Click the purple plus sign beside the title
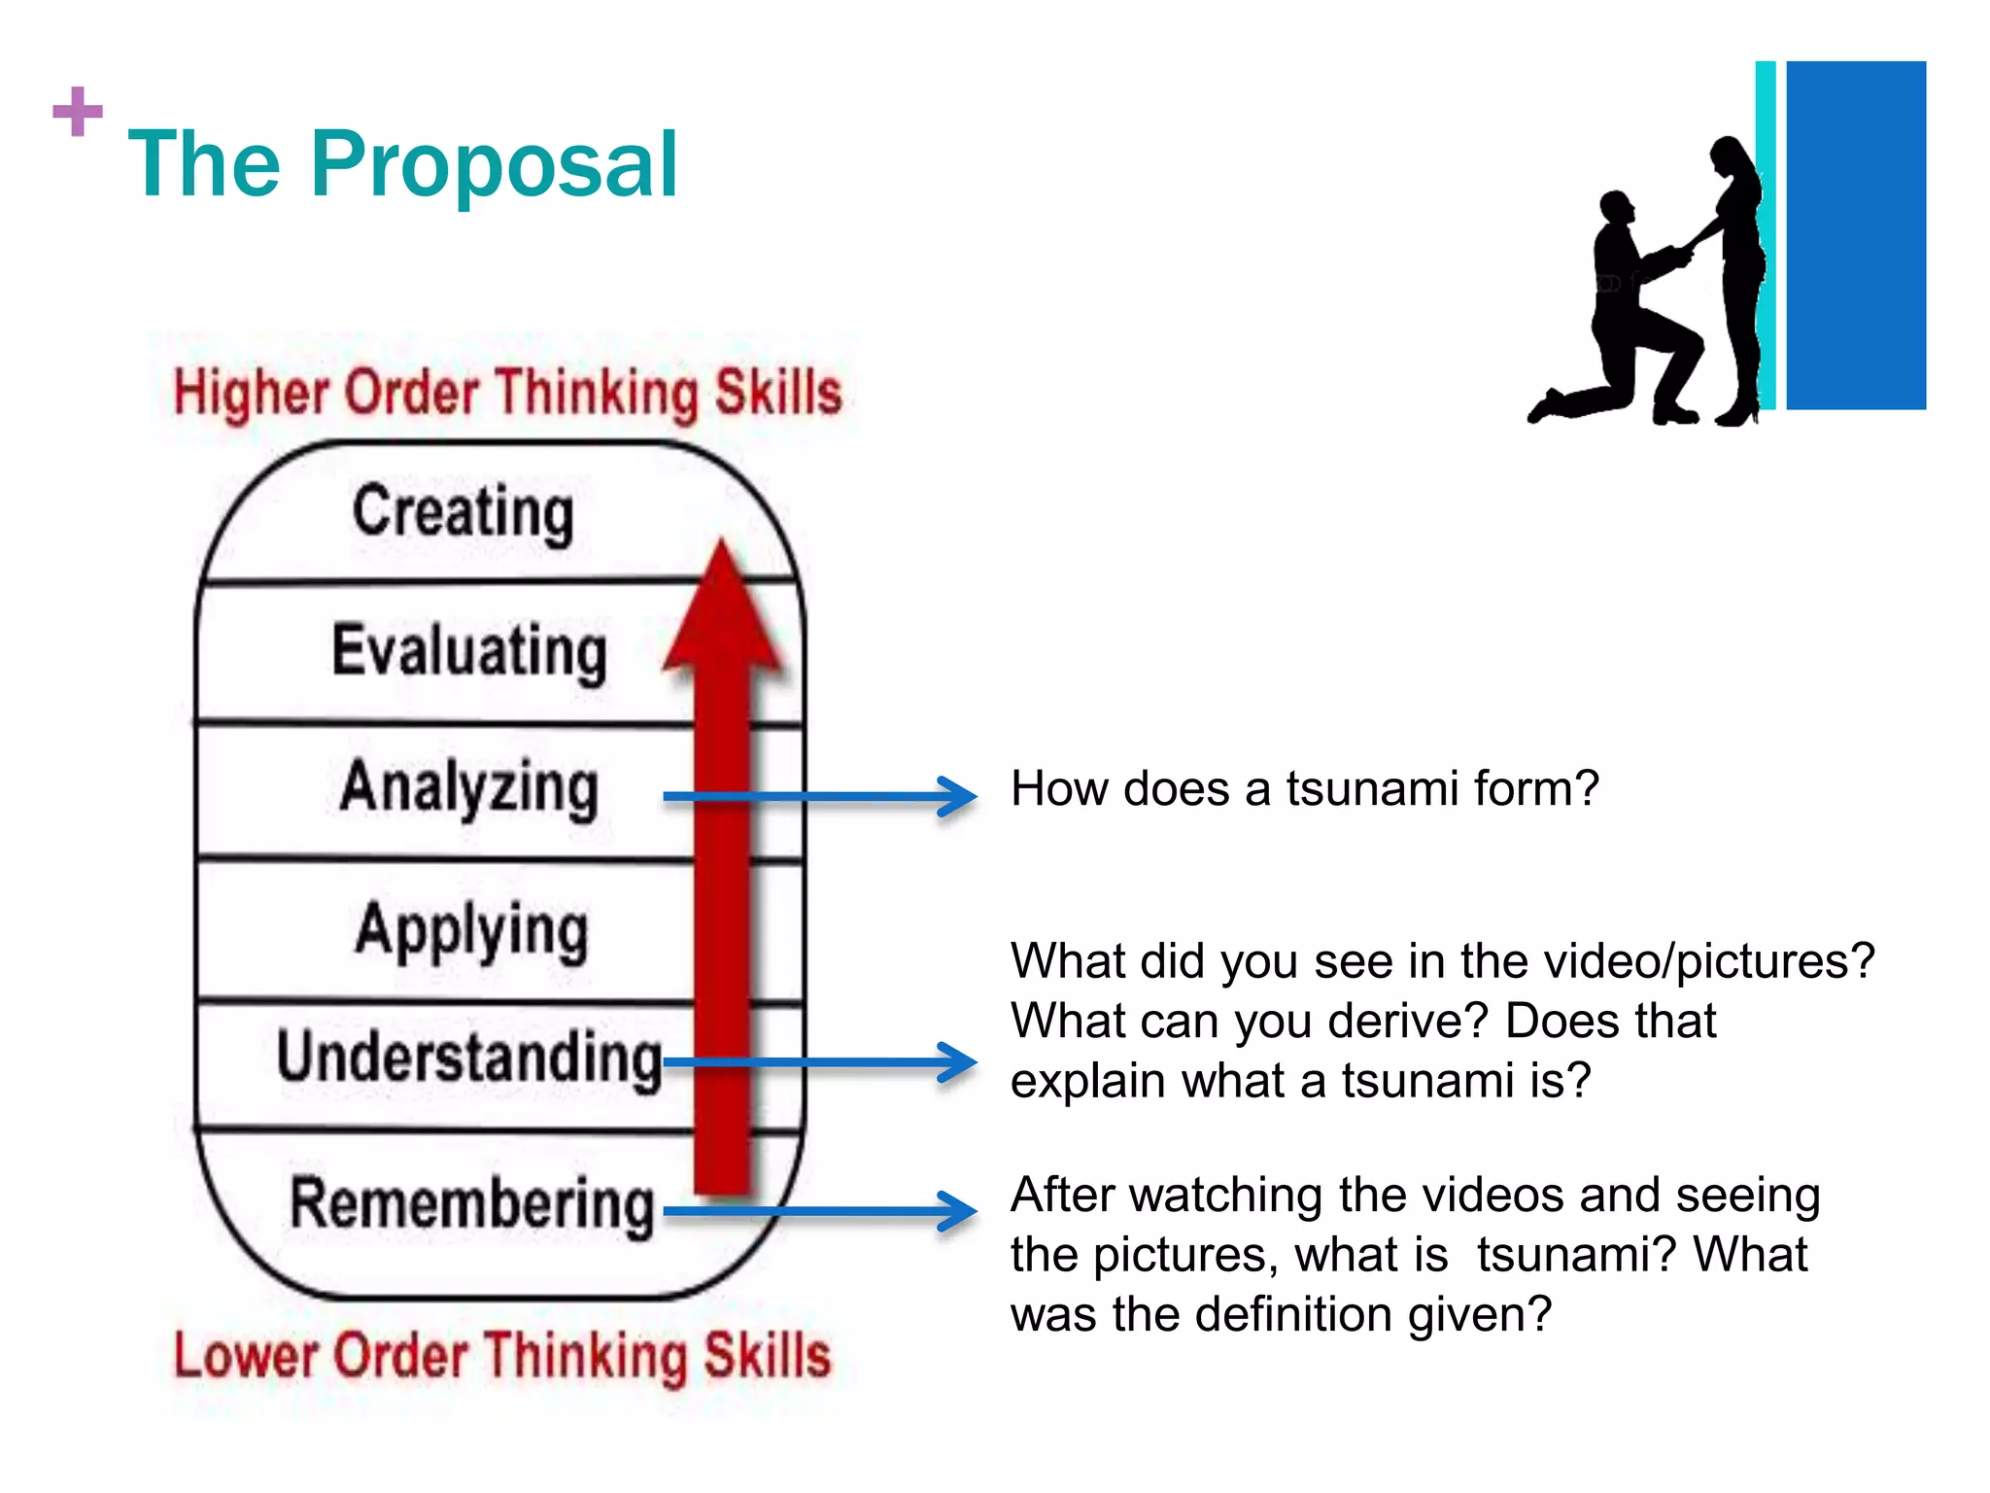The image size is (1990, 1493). coord(78,112)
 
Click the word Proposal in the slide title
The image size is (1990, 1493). coord(494,165)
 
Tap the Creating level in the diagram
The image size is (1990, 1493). coord(463,511)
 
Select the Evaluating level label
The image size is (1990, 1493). coord(469,651)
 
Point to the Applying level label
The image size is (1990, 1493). coord(472,931)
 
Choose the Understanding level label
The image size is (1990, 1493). coord(469,1058)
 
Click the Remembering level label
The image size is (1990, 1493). coord(472,1203)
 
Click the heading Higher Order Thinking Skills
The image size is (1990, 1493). coord(507,393)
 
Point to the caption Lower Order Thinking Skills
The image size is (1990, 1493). coord(502,1355)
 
